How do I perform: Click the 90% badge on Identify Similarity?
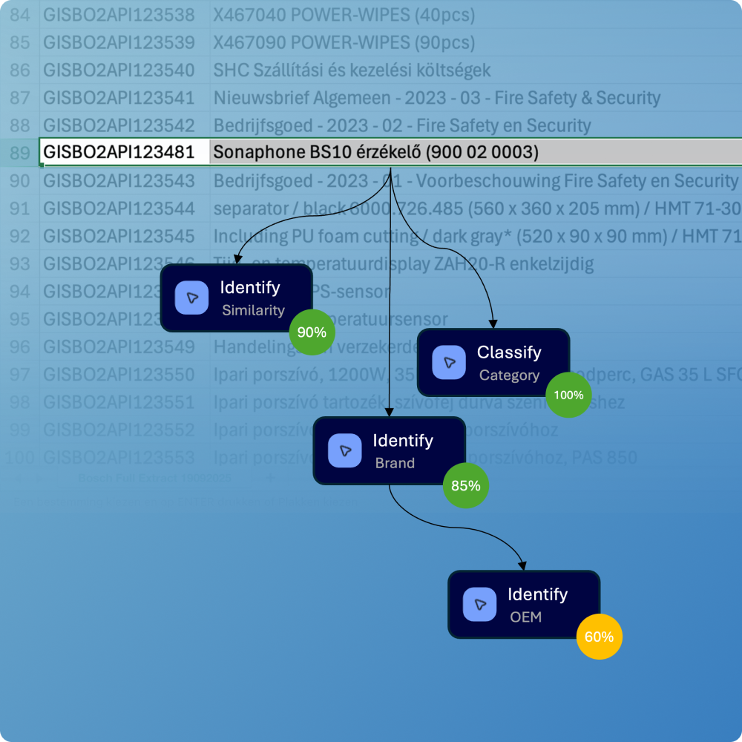coord(312,332)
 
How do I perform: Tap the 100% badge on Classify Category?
coord(568,395)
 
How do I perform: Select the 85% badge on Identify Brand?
coord(466,486)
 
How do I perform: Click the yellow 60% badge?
coord(599,637)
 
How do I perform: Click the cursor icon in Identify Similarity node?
coord(192,298)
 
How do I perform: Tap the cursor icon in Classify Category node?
coord(449,362)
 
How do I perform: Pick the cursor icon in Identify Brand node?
coord(344,450)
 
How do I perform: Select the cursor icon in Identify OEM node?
coord(479,604)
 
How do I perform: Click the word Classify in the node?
coord(509,352)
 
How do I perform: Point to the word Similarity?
coord(253,310)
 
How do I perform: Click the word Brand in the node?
coord(395,463)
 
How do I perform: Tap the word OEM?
coord(525,617)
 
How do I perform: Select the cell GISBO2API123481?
coord(119,153)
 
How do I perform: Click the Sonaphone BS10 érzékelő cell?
coord(375,153)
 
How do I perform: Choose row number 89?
coord(20,153)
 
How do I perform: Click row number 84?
coord(20,14)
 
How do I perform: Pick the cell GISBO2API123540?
coord(119,70)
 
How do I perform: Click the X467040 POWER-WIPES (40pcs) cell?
coord(344,14)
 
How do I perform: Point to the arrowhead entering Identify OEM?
coord(524,565)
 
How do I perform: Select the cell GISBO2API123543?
coord(119,181)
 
